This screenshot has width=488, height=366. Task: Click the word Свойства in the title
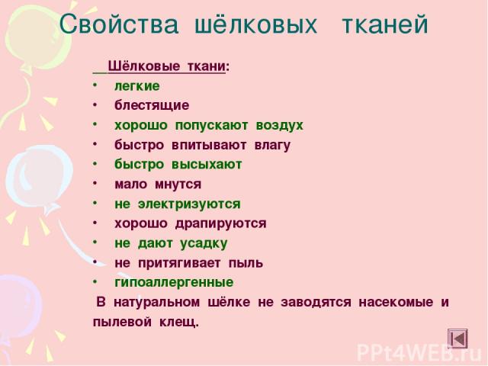pyautogui.click(x=119, y=24)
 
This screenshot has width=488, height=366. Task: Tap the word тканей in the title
pyautogui.click(x=385, y=24)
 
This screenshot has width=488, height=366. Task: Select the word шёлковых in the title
pyautogui.click(x=255, y=24)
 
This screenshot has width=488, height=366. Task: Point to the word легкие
pyautogui.click(x=137, y=86)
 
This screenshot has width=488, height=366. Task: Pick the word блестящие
pyautogui.click(x=152, y=106)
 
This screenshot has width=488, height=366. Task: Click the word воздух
pyautogui.click(x=280, y=125)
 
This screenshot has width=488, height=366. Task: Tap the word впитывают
pyautogui.click(x=209, y=145)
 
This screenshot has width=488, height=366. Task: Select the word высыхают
pyautogui.click(x=207, y=165)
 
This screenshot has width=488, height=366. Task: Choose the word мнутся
pyautogui.click(x=178, y=185)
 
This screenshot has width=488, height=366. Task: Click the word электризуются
pyautogui.click(x=189, y=204)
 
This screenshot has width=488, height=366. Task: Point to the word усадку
pyautogui.click(x=204, y=244)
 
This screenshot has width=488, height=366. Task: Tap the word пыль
pyautogui.click(x=246, y=263)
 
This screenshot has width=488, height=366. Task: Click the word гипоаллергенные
pyautogui.click(x=175, y=283)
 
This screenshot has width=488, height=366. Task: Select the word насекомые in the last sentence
pyautogui.click(x=396, y=302)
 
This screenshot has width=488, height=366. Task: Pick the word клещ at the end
pyautogui.click(x=178, y=322)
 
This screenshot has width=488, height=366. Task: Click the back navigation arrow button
pyautogui.click(x=457, y=339)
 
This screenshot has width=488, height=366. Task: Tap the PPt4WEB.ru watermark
pyautogui.click(x=422, y=353)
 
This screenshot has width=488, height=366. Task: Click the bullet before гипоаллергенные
pyautogui.click(x=95, y=282)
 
